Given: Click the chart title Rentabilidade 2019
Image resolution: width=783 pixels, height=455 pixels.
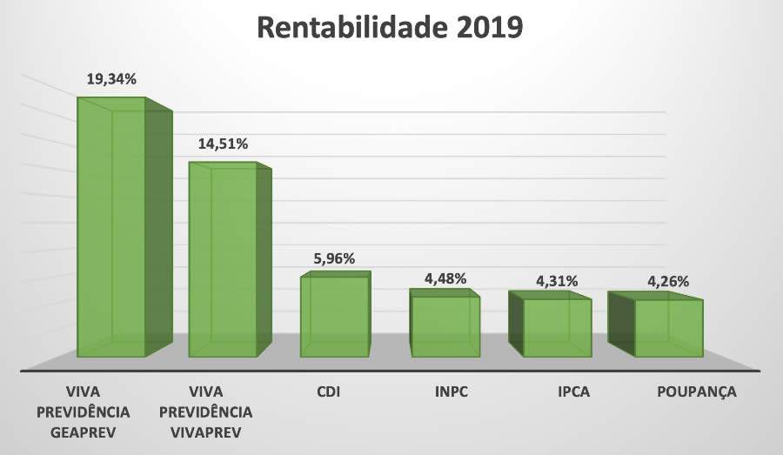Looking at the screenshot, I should point(389,28).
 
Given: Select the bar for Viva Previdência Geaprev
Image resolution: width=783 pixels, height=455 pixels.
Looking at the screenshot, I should point(112,231).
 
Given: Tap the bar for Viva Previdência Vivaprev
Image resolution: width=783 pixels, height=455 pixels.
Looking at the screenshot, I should point(224,261).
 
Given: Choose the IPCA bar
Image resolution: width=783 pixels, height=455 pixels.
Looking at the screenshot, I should point(557,328).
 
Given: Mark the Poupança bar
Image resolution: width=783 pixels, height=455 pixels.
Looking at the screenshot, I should point(668,328).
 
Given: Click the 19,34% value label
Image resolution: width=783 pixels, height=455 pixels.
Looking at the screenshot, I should point(111,79).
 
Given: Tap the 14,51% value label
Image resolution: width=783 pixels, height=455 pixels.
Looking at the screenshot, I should point(223,143).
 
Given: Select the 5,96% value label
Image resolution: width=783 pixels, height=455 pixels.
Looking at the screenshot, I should point(335,258).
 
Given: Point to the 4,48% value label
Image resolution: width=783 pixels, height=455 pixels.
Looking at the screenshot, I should point(445,278).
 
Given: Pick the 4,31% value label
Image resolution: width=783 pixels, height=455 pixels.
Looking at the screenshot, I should point(557,281).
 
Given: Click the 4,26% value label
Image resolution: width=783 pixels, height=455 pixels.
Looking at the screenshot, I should point(668,281).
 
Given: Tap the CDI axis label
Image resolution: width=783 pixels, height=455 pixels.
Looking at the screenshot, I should point(328,391).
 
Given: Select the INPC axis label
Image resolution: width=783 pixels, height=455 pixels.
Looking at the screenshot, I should point(452,391).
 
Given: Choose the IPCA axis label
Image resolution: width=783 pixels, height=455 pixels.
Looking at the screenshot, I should point(574,391).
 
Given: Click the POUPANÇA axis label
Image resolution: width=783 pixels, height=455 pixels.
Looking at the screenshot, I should point(696,391).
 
